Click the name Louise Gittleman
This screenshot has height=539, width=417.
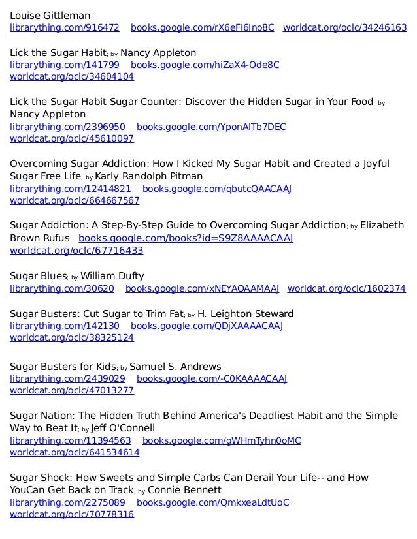coord(50,15)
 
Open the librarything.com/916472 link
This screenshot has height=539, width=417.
coord(65,28)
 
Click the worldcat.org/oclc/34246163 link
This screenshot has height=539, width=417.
coord(344,28)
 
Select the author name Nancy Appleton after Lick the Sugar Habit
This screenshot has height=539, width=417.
coord(158,52)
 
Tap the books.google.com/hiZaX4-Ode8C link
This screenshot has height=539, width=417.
coord(205,65)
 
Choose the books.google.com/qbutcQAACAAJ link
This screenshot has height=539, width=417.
coord(217,189)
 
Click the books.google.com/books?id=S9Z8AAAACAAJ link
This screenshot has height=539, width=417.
coord(186,238)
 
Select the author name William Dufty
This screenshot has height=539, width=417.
coord(112,275)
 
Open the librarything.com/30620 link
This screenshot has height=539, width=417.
coord(62,288)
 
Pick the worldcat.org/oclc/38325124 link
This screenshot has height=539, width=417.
coord(72,337)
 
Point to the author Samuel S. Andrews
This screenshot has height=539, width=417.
coord(176,366)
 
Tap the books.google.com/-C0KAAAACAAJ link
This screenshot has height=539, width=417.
coord(212,378)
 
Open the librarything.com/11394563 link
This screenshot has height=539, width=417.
coord(70,440)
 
